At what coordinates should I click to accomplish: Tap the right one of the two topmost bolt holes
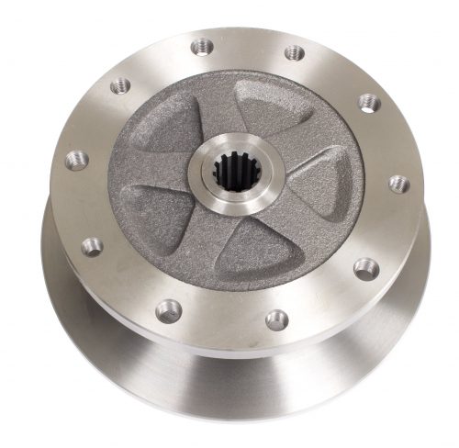pyautogui.click(x=293, y=52)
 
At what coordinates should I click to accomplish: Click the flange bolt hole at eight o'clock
pyautogui.click(x=91, y=245)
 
